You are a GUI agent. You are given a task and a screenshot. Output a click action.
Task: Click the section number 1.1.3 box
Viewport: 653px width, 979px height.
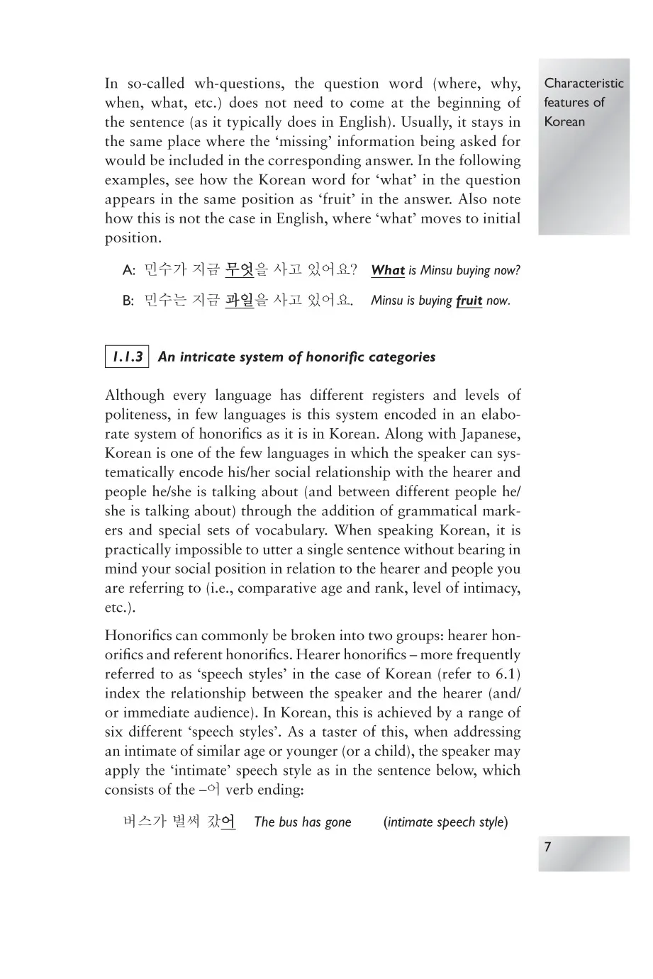coord(127,357)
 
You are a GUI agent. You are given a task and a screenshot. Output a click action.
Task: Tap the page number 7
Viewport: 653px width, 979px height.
coord(547,847)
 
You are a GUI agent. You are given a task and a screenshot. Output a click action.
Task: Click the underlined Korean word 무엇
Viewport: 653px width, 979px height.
coord(240,270)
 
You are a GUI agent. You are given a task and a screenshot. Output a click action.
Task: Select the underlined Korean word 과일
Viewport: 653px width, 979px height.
coord(240,301)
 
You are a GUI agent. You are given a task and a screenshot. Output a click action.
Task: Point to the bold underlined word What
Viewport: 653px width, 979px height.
coord(388,270)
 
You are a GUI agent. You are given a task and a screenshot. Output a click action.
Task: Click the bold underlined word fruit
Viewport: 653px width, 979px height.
coord(469,301)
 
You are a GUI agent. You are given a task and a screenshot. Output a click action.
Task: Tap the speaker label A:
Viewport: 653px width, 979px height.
coord(128,271)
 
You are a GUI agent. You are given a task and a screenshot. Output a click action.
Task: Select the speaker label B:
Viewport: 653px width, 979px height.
coord(128,301)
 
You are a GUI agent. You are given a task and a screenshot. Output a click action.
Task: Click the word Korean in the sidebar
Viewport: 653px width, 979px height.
coord(564,121)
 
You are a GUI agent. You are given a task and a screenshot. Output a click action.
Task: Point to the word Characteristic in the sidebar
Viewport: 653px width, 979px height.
coord(584,83)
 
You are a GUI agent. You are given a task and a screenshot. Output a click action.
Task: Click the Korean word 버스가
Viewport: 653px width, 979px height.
coord(145,822)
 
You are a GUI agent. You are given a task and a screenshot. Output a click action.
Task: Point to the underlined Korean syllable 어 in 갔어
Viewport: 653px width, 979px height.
coord(228,822)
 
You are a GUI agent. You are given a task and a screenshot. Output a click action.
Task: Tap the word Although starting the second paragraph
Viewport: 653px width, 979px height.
coord(134,396)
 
